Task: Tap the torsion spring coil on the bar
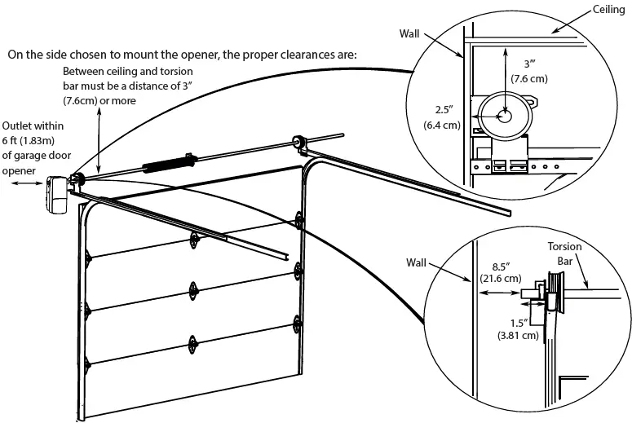pos(167,163)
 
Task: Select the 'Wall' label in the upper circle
pos(411,35)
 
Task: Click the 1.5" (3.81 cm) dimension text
pos(519,329)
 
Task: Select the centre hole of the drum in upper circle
pos(506,116)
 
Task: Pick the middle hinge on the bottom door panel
pos(193,341)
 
